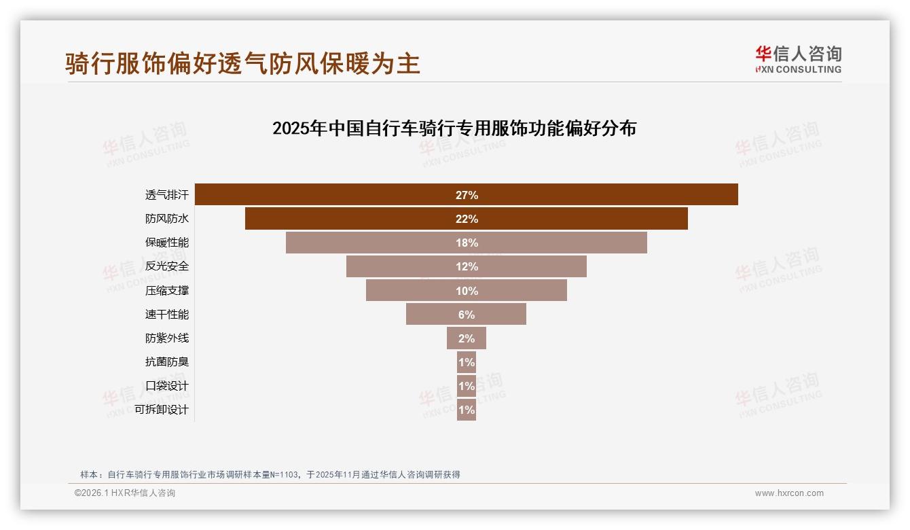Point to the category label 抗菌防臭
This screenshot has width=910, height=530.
(x=167, y=362)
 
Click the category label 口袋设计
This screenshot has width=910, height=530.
(x=167, y=386)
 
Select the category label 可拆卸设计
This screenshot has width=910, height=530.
(x=162, y=410)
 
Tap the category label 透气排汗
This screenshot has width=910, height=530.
(x=167, y=195)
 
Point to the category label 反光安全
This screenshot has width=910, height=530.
(x=167, y=266)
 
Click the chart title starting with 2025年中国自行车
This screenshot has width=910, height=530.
(x=454, y=128)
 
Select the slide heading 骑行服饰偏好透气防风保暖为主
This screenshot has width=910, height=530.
(x=242, y=63)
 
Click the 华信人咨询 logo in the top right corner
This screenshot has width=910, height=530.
(x=798, y=60)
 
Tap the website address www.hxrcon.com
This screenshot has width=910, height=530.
(x=789, y=493)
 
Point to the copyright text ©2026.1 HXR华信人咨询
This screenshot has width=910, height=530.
(x=125, y=493)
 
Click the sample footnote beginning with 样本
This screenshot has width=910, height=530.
(x=270, y=474)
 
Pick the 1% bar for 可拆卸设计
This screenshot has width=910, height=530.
(x=466, y=410)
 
